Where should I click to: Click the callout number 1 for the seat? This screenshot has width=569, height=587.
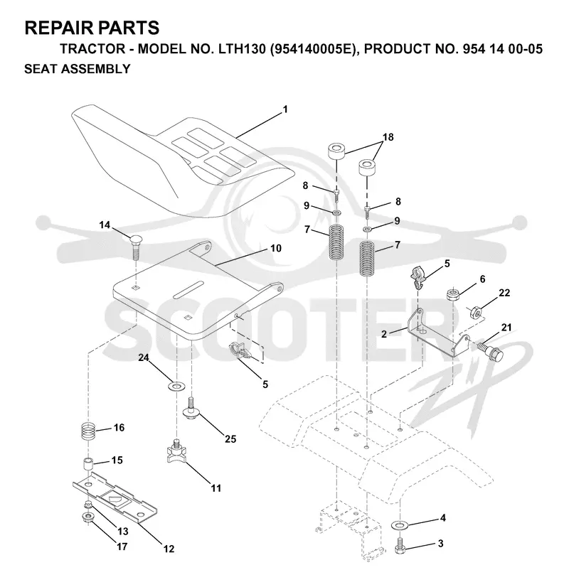[x=285, y=109]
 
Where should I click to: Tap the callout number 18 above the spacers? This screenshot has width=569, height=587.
[x=388, y=137]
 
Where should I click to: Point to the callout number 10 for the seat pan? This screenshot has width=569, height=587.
[x=276, y=248]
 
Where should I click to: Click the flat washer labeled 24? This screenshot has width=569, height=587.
[x=176, y=385]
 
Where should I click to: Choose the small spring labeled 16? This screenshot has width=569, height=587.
[x=88, y=432]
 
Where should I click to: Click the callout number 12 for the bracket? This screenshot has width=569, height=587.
[x=169, y=549]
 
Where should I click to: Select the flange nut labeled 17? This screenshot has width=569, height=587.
[x=87, y=518]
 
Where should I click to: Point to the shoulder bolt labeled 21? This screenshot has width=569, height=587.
[x=490, y=351]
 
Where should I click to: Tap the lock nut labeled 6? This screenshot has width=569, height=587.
[x=453, y=294]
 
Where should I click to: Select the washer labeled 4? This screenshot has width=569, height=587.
[x=400, y=525]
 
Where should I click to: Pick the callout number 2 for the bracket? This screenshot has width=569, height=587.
[x=384, y=334]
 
